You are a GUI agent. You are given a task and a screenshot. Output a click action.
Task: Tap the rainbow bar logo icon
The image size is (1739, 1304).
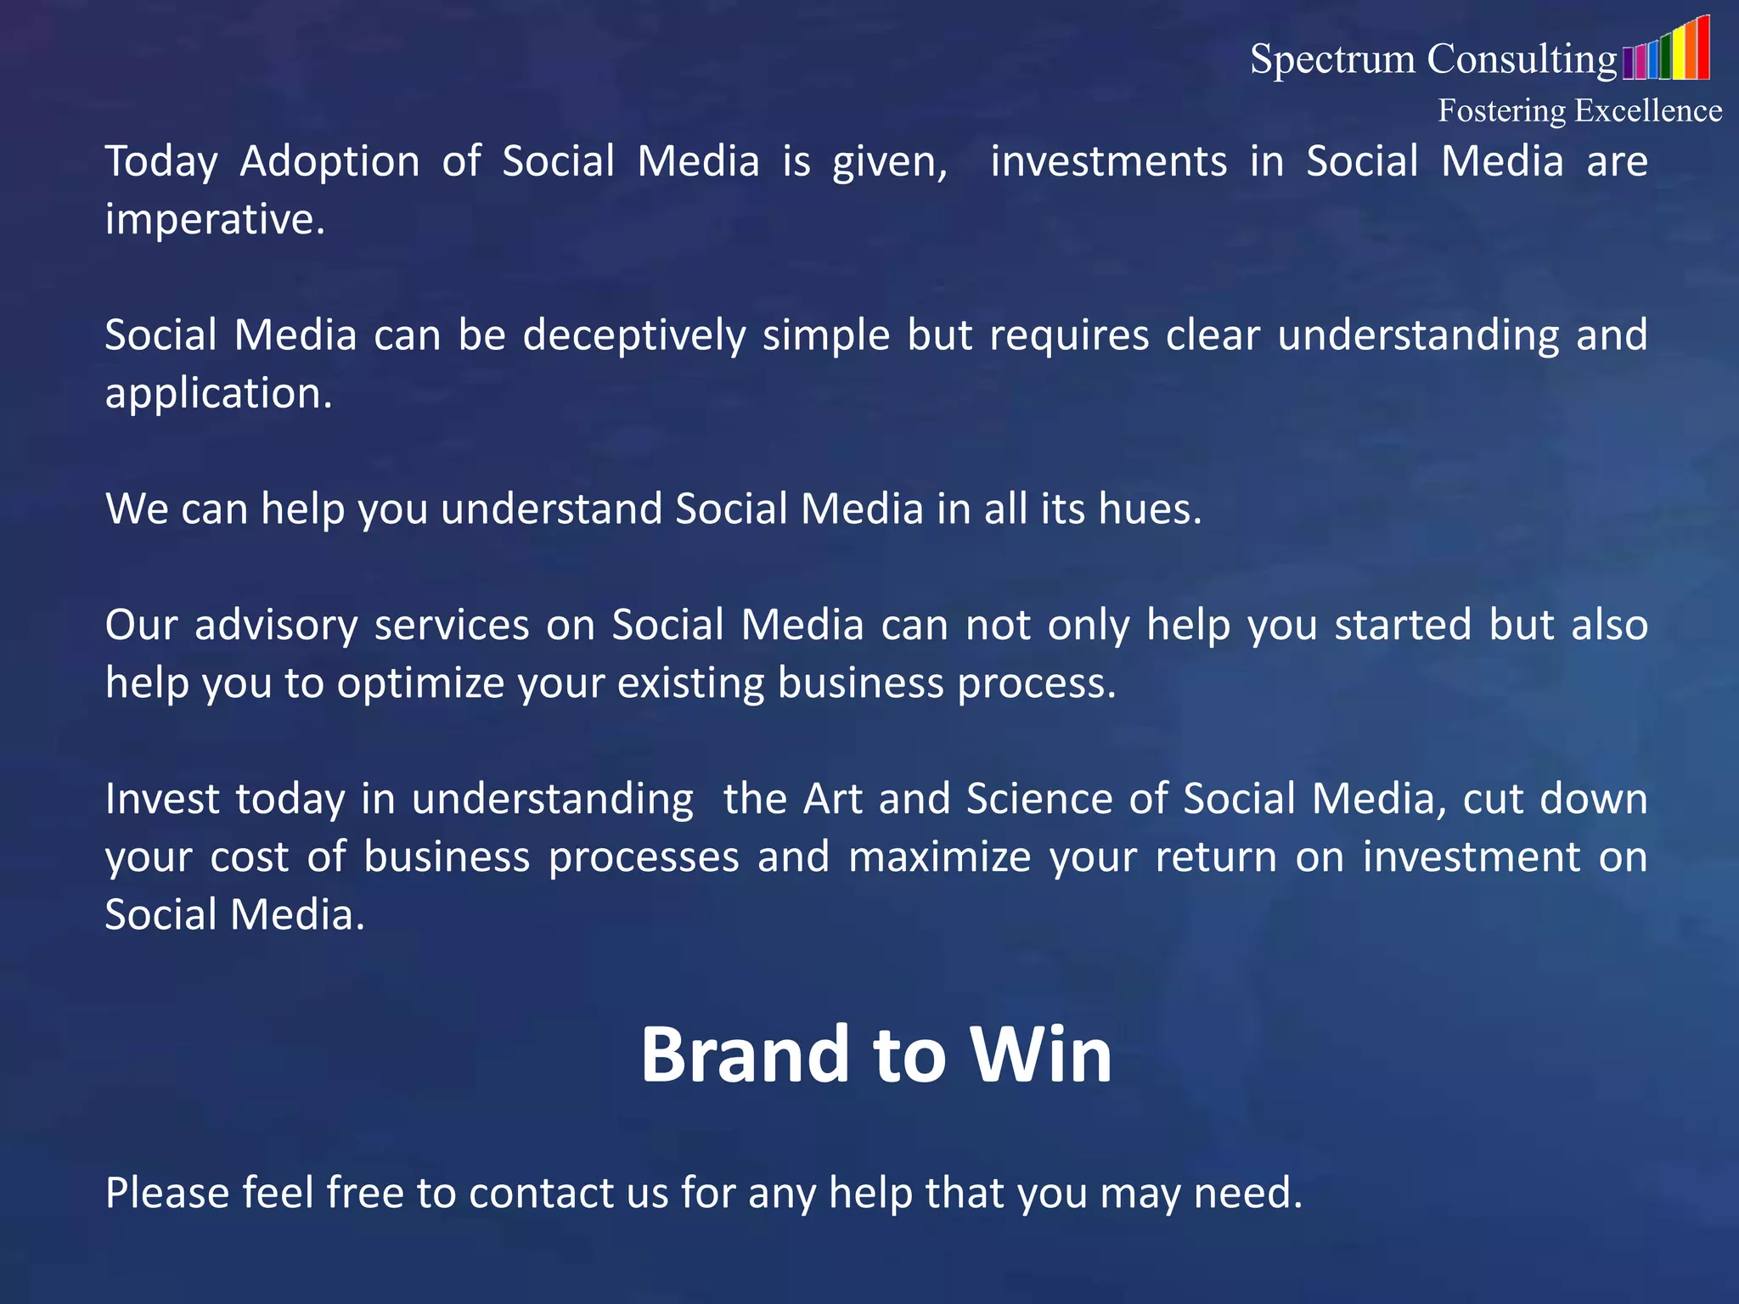point(1665,51)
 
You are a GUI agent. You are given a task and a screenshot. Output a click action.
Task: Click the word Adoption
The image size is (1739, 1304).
point(329,162)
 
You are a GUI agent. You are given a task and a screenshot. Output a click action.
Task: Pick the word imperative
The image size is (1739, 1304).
point(215,220)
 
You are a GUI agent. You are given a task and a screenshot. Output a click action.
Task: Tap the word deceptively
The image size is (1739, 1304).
point(633,335)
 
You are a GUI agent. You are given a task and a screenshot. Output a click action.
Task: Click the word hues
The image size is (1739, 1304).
point(1150,509)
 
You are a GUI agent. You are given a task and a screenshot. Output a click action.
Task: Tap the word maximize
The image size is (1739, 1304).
point(939,857)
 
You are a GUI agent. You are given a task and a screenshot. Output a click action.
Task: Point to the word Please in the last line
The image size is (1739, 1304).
point(167,1193)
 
